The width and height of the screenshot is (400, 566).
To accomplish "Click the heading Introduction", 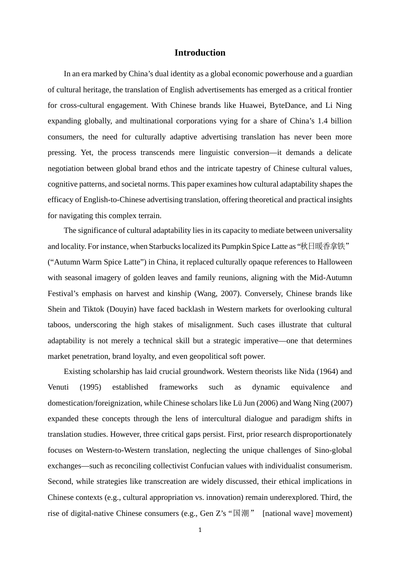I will pyautogui.click(x=200, y=53).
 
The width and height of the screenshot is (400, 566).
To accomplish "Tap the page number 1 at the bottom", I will pyautogui.click(x=200, y=530).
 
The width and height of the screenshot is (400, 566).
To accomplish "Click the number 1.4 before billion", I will pyautogui.click(x=323, y=121).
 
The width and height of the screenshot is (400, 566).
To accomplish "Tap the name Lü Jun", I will pyautogui.click(x=244, y=403).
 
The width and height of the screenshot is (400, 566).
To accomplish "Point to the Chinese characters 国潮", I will pyautogui.click(x=241, y=513).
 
